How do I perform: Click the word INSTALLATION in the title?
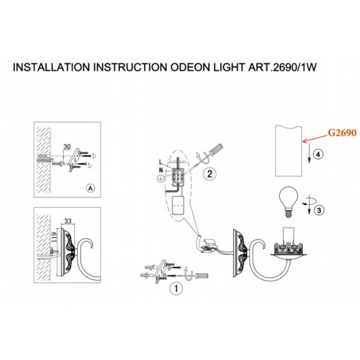[51, 67]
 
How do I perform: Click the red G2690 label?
[342, 133]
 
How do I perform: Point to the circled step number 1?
[176, 289]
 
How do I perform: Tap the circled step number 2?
[210, 174]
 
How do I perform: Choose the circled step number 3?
[319, 210]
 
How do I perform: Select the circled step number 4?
[318, 155]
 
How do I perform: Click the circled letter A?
[91, 188]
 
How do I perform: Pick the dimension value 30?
[67, 146]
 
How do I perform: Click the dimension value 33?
[68, 221]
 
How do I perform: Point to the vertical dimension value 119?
[54, 237]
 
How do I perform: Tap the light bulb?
[289, 202]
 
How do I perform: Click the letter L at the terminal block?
[161, 162]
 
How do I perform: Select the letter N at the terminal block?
[161, 170]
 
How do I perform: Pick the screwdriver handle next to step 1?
[202, 275]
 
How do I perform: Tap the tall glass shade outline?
[289, 151]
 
